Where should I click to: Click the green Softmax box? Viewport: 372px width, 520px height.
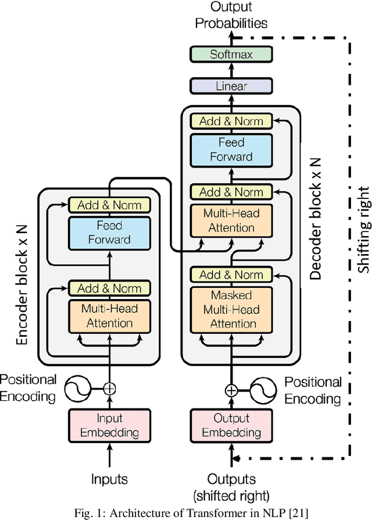coord(231,54)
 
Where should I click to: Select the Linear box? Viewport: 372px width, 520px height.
coord(231,86)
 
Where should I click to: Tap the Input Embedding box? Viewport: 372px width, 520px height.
coord(109,425)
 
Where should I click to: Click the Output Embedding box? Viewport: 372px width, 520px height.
coord(231,425)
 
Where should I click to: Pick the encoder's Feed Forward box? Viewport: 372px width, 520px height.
coord(109,231)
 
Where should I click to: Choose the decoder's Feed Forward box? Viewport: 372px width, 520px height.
coord(231,149)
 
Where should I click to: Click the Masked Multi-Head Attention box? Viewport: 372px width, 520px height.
coord(231,309)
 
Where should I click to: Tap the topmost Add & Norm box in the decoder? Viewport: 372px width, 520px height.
coord(231,121)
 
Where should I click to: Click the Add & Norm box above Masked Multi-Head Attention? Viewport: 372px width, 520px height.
coord(231,275)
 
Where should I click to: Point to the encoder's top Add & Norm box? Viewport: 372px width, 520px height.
coord(109,205)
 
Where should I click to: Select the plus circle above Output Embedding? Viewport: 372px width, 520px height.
coord(231,390)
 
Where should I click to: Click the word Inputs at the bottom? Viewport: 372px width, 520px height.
coord(109,479)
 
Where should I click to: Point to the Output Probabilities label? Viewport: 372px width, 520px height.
coord(231,16)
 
